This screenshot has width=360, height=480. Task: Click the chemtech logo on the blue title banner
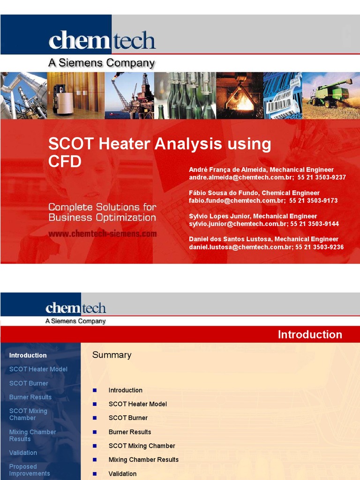point(102,40)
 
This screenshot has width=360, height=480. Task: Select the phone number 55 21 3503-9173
point(313,200)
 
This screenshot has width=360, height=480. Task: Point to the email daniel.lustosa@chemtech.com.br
point(240,247)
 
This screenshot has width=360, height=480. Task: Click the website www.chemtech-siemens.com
point(102,233)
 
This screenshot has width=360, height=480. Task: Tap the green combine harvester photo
point(331,95)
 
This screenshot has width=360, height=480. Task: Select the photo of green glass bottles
point(185,95)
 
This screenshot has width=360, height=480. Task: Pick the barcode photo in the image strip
point(282,95)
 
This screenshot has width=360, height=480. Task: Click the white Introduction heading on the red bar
point(310,334)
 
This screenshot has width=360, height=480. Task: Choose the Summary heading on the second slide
point(112,355)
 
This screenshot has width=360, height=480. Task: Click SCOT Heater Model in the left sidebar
point(38,369)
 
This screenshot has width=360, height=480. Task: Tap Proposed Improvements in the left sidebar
point(30,470)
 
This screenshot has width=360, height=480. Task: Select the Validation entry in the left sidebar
point(23,452)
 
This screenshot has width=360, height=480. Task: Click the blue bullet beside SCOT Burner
point(95,418)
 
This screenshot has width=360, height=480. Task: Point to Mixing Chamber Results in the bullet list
point(143,459)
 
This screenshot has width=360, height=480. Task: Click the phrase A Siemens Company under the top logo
point(102,62)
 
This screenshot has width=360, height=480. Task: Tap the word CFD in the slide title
point(65,161)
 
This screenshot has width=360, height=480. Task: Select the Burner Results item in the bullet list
point(130,432)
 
